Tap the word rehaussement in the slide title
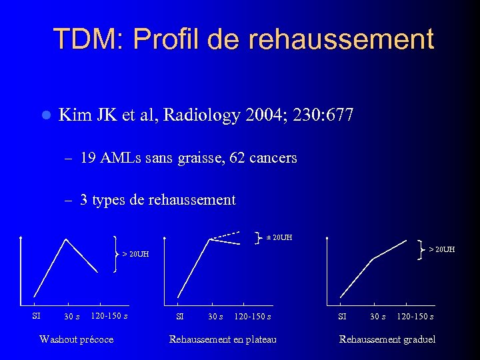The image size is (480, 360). tap(341, 40)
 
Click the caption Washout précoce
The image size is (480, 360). tap(76, 339)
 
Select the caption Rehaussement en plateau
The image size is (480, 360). tap(223, 339)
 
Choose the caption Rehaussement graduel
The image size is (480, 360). tap(387, 339)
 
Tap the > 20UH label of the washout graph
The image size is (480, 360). tap(135, 254)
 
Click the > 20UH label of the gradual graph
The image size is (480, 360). tap(441, 249)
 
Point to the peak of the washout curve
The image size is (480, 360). tap(65, 239)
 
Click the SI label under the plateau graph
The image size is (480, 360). tap(179, 316)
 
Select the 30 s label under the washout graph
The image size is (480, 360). tap(72, 316)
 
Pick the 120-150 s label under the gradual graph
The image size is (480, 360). tap(415, 316)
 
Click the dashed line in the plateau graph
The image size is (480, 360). tap(225, 235)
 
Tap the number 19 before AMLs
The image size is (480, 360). tap(87, 158)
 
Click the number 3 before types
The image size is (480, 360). tap(84, 200)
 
